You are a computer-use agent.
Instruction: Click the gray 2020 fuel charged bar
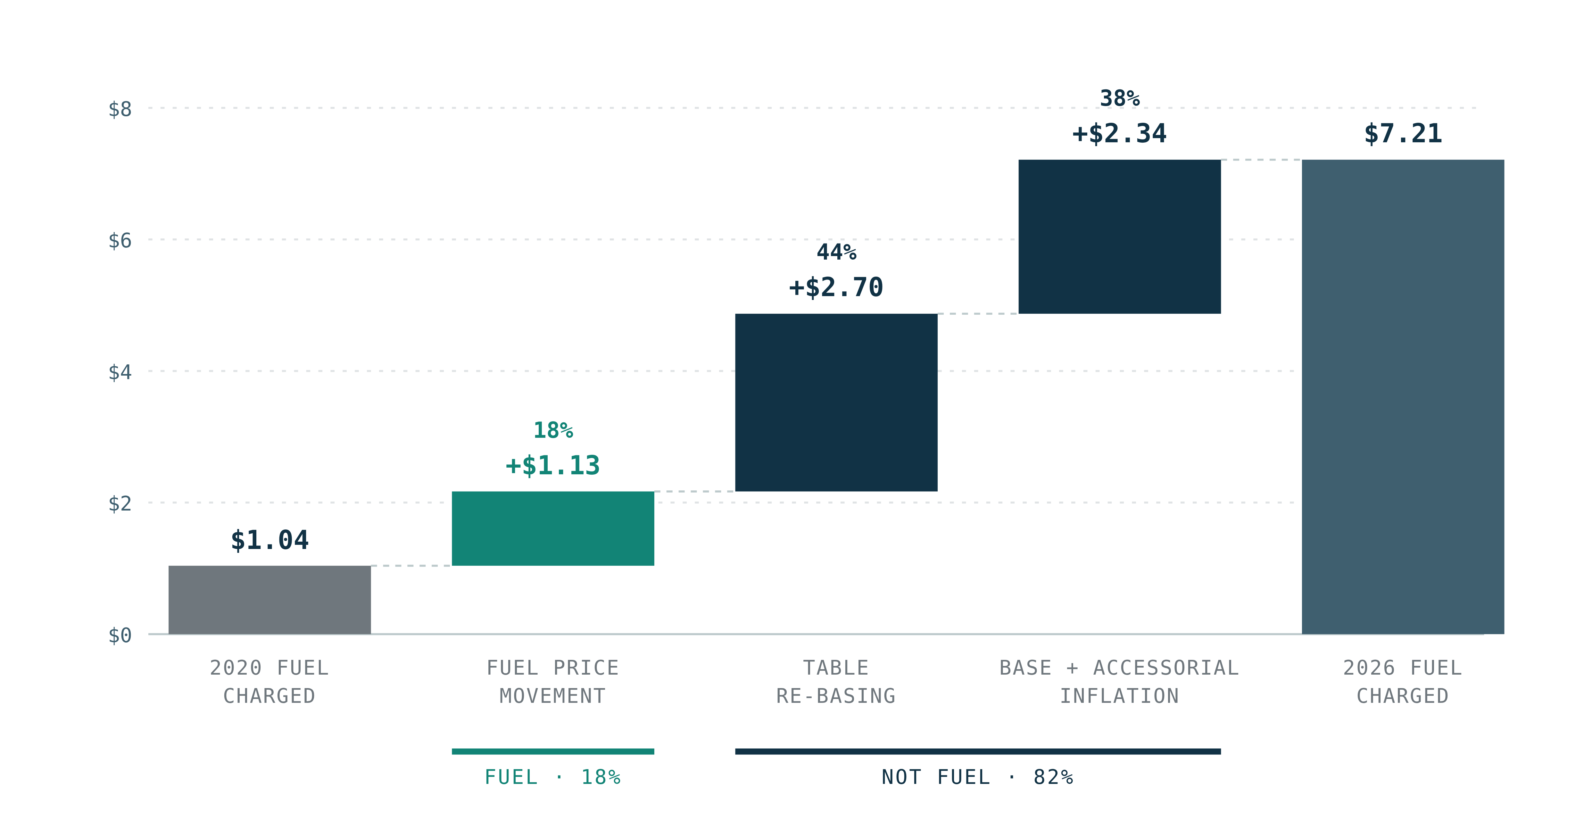pos(269,599)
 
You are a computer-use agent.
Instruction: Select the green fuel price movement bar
pos(552,528)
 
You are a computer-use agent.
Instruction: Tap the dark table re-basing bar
pos(836,402)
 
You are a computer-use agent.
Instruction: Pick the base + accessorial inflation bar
pos(1119,237)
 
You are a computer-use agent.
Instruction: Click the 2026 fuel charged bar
pos(1403,397)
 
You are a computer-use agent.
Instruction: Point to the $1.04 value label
pos(269,540)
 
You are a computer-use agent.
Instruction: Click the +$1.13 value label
pos(552,465)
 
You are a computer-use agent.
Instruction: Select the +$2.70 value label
pos(836,287)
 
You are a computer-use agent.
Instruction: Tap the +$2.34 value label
pos(1119,133)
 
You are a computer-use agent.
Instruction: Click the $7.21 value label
pos(1403,133)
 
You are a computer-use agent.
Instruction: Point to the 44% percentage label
pos(836,252)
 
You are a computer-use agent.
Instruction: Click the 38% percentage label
pos(1119,98)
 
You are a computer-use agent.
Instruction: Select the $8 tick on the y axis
pos(120,109)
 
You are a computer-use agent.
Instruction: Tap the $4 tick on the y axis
pos(120,372)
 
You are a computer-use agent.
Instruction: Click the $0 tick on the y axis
pos(120,635)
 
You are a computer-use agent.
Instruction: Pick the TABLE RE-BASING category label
pos(836,682)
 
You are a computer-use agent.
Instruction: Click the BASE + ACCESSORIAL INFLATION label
pos(1119,682)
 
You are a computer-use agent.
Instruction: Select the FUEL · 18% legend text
pos(552,777)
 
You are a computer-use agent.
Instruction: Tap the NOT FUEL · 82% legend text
pos(978,777)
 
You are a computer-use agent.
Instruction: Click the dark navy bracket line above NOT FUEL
pos(978,751)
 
